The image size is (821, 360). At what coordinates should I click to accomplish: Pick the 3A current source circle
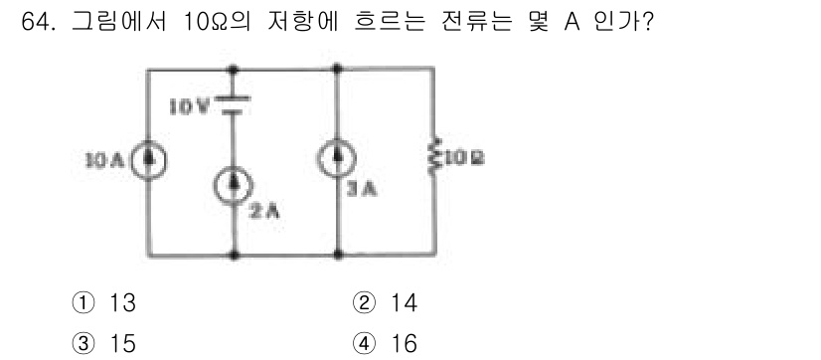[339, 160]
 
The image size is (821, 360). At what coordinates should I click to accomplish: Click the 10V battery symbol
[234, 104]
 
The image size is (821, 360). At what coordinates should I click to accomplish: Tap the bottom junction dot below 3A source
[339, 255]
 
